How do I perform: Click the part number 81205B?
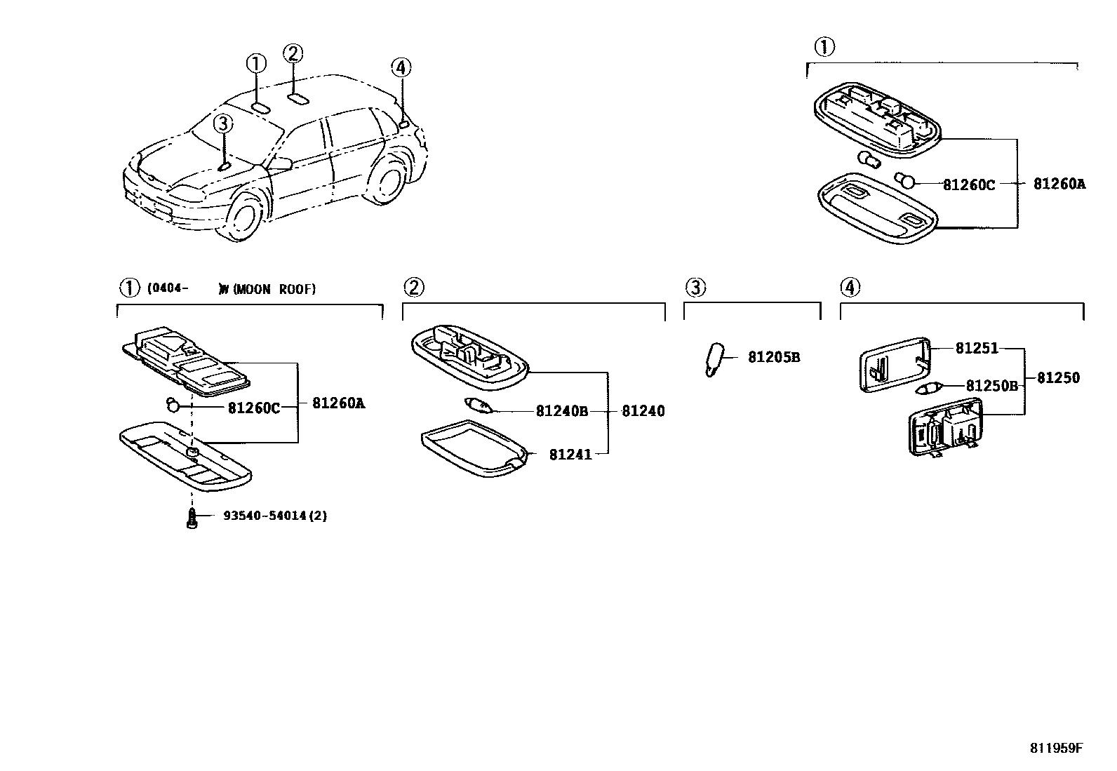tap(773, 357)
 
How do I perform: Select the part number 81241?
tap(570, 455)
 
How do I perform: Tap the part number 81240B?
tap(561, 411)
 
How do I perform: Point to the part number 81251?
tap(977, 348)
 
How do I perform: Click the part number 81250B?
tap(991, 385)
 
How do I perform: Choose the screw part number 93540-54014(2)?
tap(275, 516)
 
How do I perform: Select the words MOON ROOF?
tap(274, 289)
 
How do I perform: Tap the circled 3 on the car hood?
tap(222, 124)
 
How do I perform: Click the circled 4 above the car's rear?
tap(400, 68)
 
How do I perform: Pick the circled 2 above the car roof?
tap(293, 53)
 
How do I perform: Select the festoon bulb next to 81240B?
tap(479, 405)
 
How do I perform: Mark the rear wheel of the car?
tap(387, 177)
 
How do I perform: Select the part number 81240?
tap(643, 411)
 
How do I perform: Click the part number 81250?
tap(1058, 377)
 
